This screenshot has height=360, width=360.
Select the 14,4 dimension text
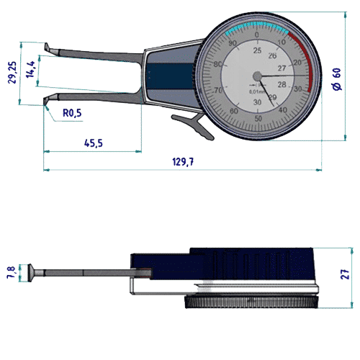tap(30, 69)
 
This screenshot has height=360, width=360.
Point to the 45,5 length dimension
tap(93, 143)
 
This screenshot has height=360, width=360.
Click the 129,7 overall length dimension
tap(183, 163)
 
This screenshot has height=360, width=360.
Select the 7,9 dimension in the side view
tap(9, 272)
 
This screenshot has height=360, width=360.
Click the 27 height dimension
tap(345, 274)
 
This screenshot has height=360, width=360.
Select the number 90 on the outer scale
tap(232, 44)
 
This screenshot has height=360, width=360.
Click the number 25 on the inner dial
tap(257, 50)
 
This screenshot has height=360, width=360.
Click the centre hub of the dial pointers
tap(257, 75)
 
